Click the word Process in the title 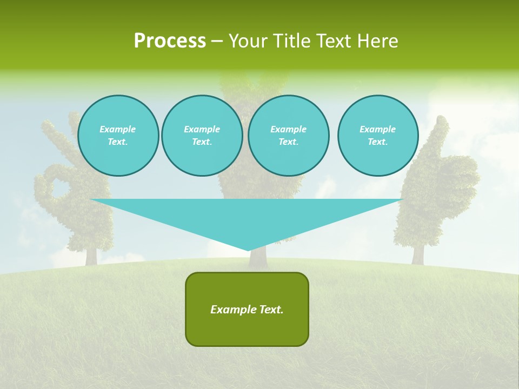coord(170,41)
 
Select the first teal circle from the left coord(118,136)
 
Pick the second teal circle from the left coord(202,136)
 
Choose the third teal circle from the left coord(288,136)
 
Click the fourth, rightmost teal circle coord(377,136)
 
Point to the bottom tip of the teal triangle coord(248,250)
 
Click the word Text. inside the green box coord(271,310)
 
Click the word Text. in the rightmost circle coord(377,142)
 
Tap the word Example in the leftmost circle coord(118,129)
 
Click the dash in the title coord(217,41)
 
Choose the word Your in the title coord(248,41)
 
